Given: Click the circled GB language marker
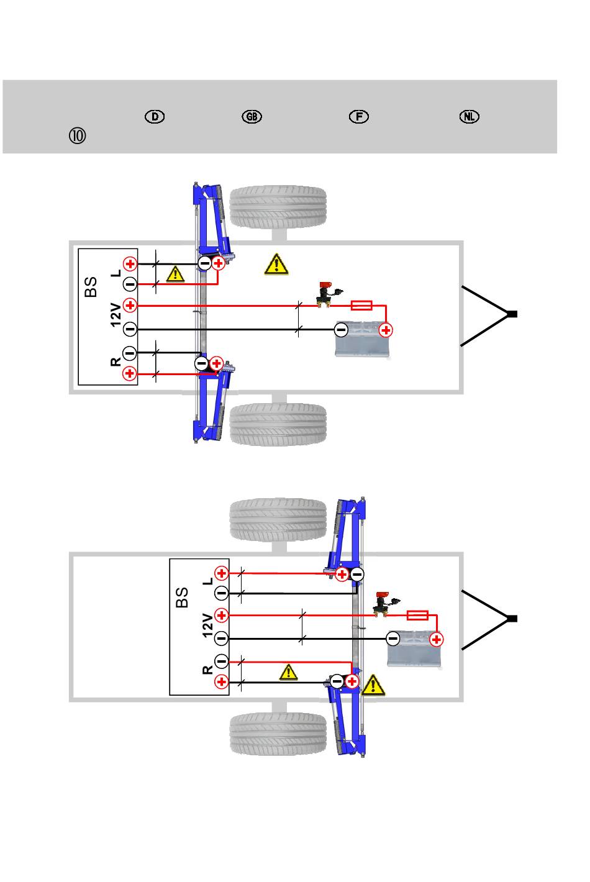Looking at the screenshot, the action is coord(252,117).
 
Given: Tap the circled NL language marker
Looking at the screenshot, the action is coord(469,117).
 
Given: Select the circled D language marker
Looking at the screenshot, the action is coord(155,117).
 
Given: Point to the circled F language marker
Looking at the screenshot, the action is coord(359,117).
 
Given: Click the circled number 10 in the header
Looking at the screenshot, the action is coord(77,136).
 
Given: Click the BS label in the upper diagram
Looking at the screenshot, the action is coord(91,286).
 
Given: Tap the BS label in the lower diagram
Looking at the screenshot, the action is coord(182,598).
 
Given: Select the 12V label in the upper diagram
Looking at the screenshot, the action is coord(116,315).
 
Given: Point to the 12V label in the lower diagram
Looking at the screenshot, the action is coord(207,625).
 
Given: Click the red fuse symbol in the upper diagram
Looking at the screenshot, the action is coord(361,305).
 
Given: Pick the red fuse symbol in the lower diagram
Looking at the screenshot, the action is coord(417,615).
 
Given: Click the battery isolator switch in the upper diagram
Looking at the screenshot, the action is coord(327,294).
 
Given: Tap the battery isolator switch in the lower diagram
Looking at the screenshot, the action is coord(384,604).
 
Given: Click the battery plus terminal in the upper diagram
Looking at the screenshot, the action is coord(386,330).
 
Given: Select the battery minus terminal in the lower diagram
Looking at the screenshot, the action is coord(393,639).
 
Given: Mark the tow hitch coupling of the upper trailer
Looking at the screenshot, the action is coord(511,314).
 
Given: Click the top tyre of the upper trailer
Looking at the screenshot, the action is coord(278,207).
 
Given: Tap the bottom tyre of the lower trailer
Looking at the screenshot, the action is coord(278,734).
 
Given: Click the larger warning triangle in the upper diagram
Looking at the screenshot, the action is coord(276,264).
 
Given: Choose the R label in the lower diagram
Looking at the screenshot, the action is coord(207,670).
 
